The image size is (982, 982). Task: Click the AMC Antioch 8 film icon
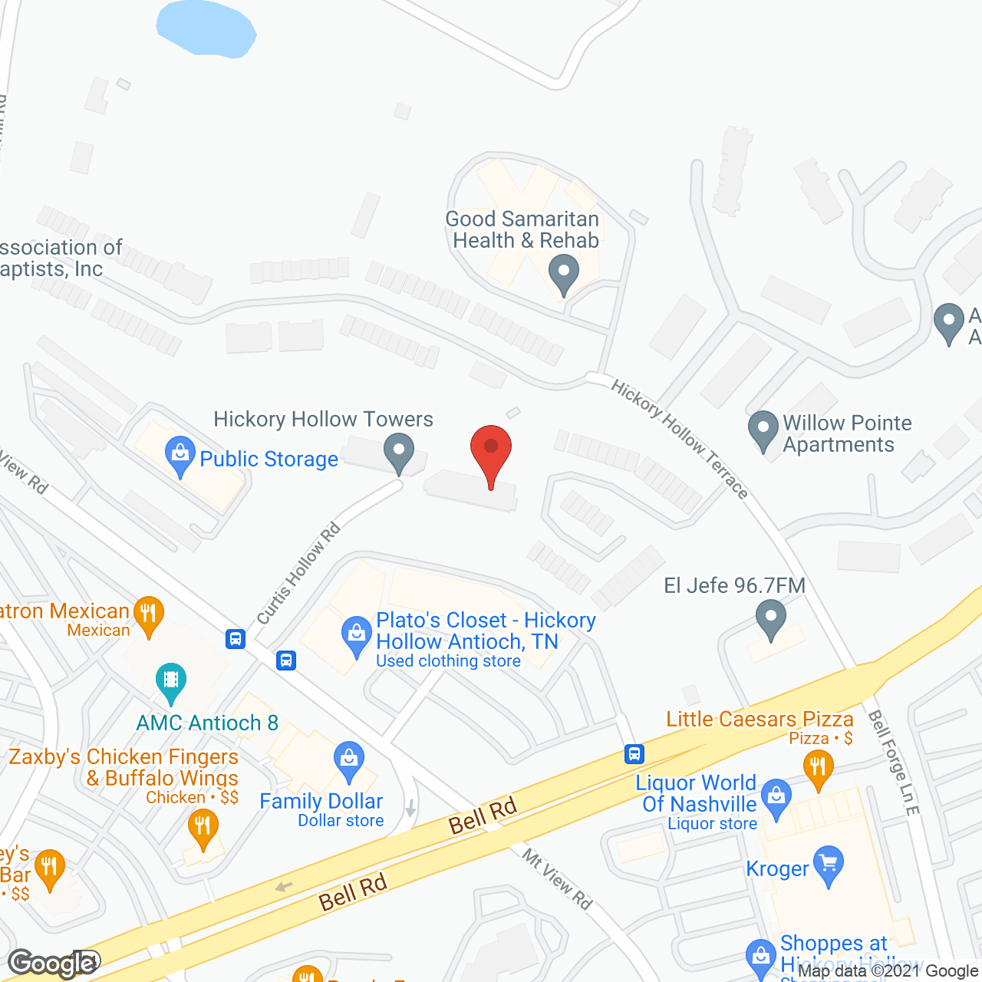pyautogui.click(x=171, y=680)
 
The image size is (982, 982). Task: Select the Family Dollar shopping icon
pyautogui.click(x=349, y=759)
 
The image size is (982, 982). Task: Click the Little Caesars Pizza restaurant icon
pyautogui.click(x=819, y=766)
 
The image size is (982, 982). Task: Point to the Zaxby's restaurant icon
pyautogui.click(x=203, y=827)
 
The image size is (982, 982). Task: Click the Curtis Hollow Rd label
pyautogui.click(x=298, y=573)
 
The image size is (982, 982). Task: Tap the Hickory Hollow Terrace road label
pyautogui.click(x=680, y=439)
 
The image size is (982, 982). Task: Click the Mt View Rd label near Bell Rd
pyautogui.click(x=558, y=878)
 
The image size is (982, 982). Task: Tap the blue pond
pyautogui.click(x=206, y=28)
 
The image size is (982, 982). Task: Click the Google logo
pyautogui.click(x=52, y=964)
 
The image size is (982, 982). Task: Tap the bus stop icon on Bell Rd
pyautogui.click(x=634, y=754)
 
